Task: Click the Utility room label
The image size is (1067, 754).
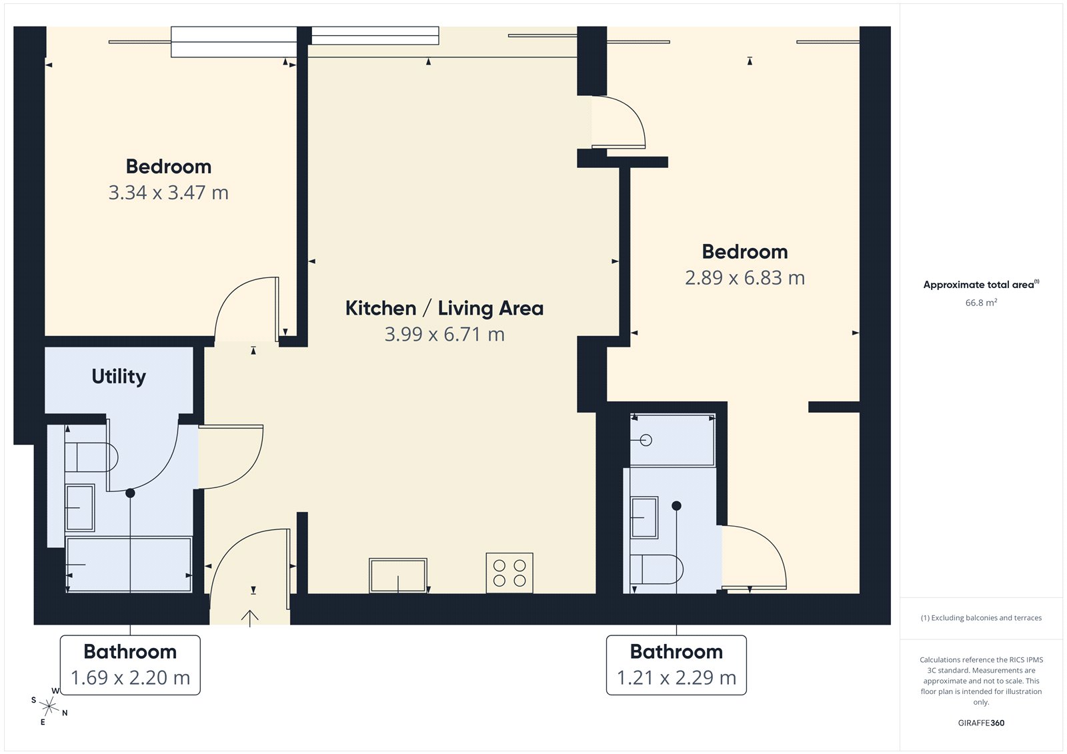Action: coord(119,377)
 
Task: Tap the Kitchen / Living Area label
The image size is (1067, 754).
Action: coord(444,308)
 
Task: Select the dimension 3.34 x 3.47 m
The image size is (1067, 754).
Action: coord(169,193)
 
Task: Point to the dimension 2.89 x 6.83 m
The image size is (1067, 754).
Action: coord(745,278)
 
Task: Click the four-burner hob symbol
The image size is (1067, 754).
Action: coord(509,573)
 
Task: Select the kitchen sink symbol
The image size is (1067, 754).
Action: coord(398,575)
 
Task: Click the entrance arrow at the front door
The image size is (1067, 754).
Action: coord(249,617)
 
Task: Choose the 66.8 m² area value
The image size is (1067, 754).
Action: coord(981,303)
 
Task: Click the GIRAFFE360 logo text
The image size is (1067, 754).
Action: coord(981,723)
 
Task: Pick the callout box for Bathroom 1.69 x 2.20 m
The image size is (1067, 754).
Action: coord(130,665)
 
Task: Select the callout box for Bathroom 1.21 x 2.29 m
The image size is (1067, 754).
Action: coord(676,665)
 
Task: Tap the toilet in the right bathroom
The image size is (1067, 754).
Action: coord(657,569)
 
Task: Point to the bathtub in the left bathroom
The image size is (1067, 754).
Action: coord(129,565)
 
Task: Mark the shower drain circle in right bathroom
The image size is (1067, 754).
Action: coord(646,440)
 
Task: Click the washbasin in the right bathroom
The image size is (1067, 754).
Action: coord(644,517)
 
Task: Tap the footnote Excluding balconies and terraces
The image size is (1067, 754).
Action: coord(981,618)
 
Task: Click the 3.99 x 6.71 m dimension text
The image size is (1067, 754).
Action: coord(444,334)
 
